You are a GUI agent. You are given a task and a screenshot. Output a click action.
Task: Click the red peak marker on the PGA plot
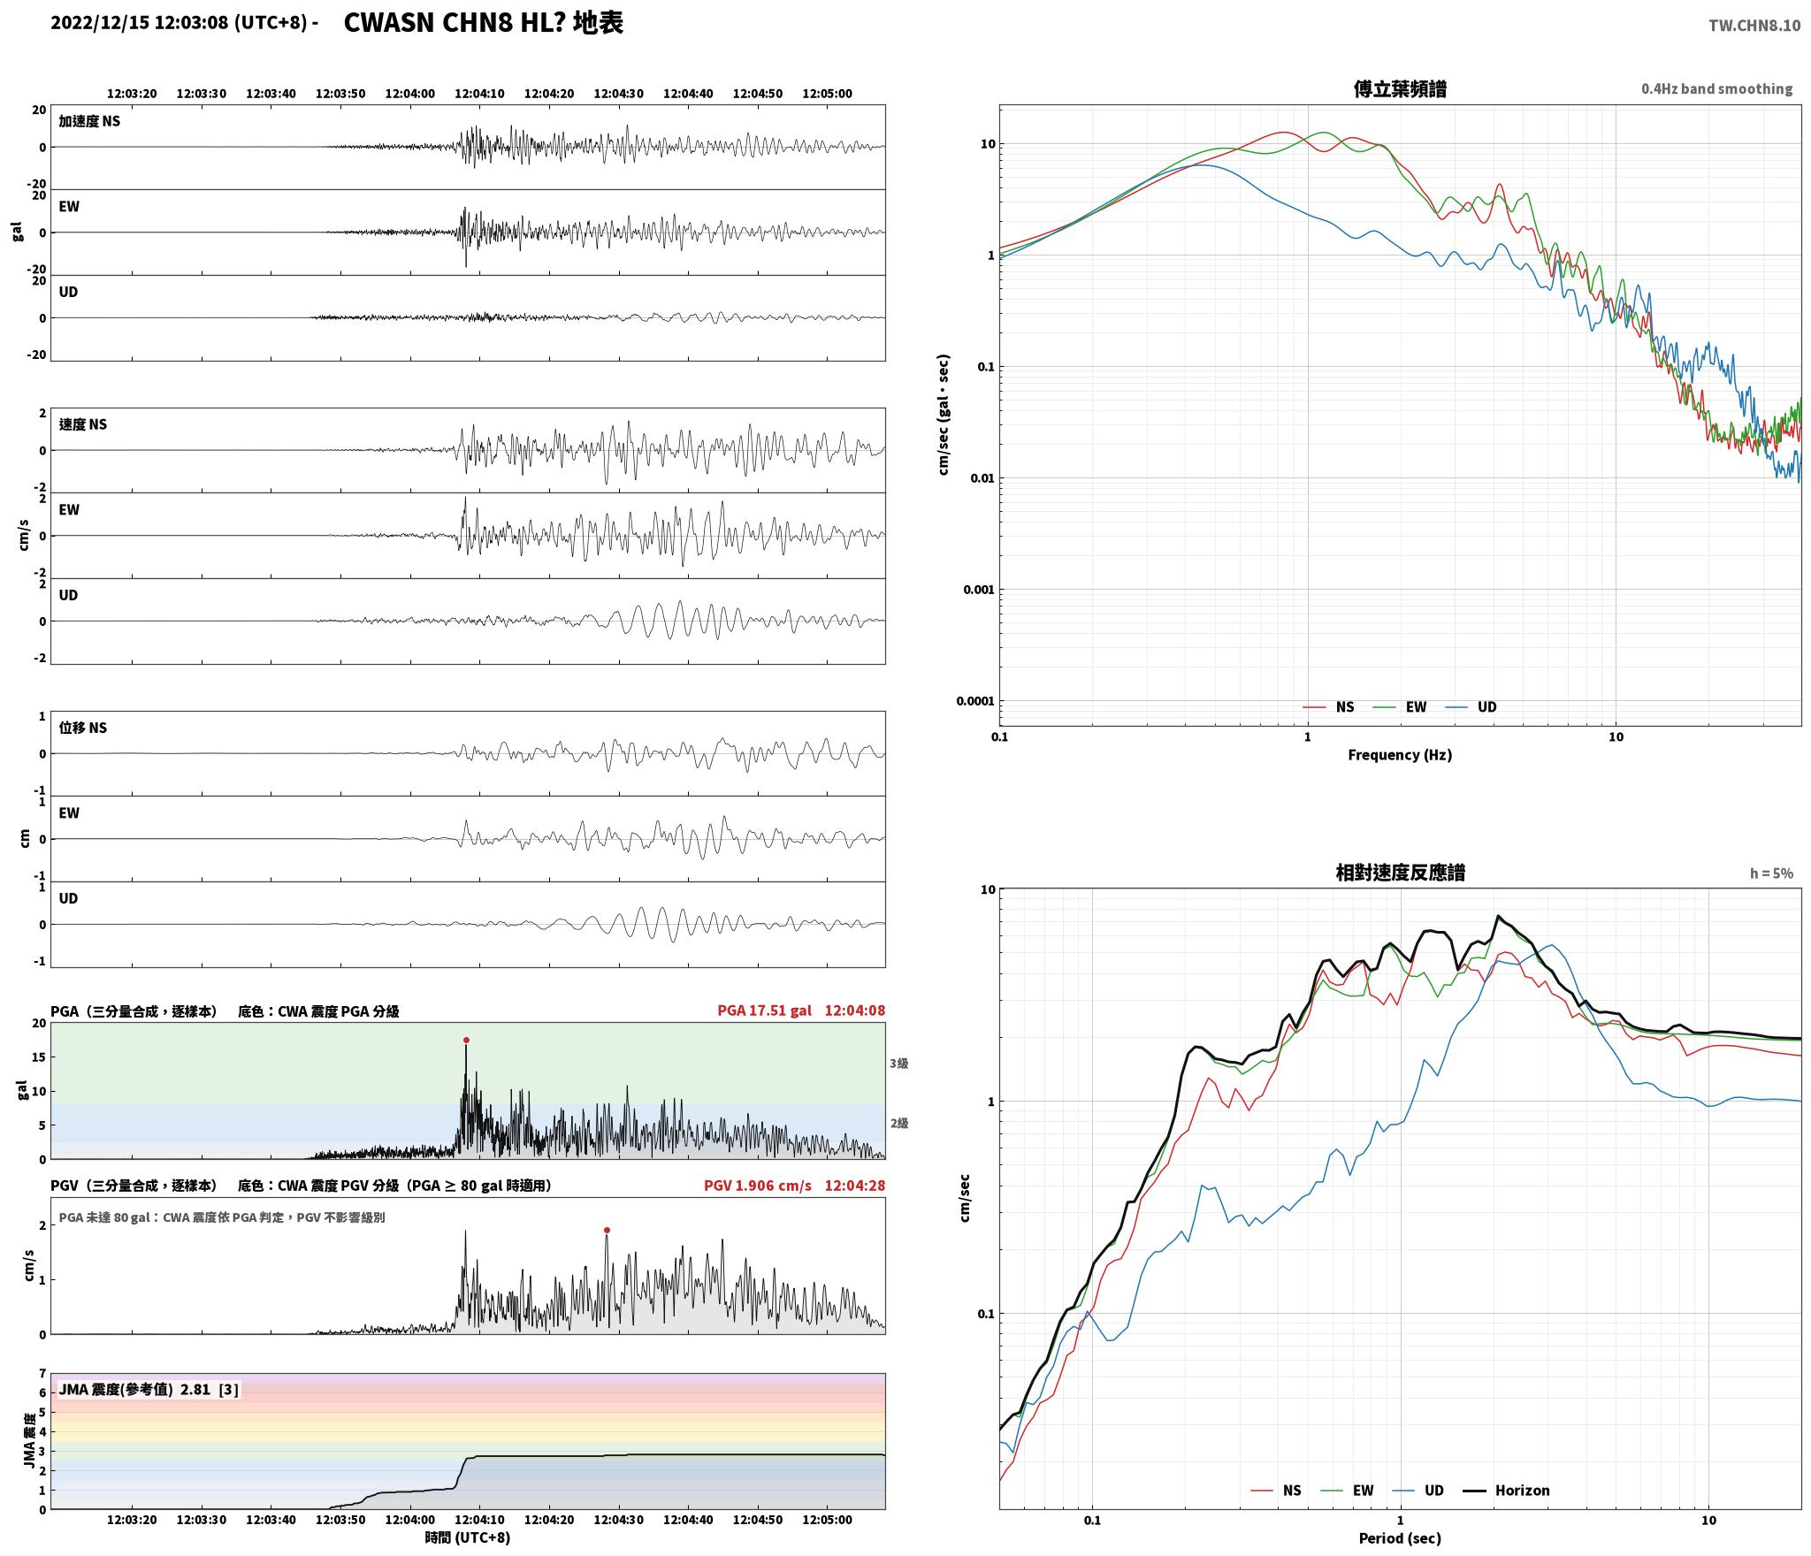point(466,1041)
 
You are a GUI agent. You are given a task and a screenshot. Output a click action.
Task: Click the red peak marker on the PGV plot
point(607,1230)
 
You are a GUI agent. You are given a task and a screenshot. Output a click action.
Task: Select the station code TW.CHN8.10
point(1754,26)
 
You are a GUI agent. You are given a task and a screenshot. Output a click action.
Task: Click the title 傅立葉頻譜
point(1400,89)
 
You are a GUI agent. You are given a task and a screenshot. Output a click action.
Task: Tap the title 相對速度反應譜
point(1400,873)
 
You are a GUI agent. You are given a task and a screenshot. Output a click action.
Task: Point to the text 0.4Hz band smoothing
point(1716,89)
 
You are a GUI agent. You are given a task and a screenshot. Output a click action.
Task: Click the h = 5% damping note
point(1771,873)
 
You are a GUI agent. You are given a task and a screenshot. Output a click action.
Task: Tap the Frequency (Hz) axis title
point(1400,755)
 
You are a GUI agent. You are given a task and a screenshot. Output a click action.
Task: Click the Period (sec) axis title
point(1400,1538)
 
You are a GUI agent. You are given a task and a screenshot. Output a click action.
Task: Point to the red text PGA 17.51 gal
point(764,1011)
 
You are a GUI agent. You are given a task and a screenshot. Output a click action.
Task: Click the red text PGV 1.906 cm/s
point(757,1186)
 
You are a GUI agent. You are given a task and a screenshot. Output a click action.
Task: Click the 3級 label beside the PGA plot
point(898,1064)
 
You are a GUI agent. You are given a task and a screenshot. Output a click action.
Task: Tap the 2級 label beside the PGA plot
point(898,1124)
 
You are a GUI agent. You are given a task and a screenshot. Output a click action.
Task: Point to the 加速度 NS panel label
point(89,121)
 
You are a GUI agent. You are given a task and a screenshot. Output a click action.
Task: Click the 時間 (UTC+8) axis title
point(468,1537)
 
